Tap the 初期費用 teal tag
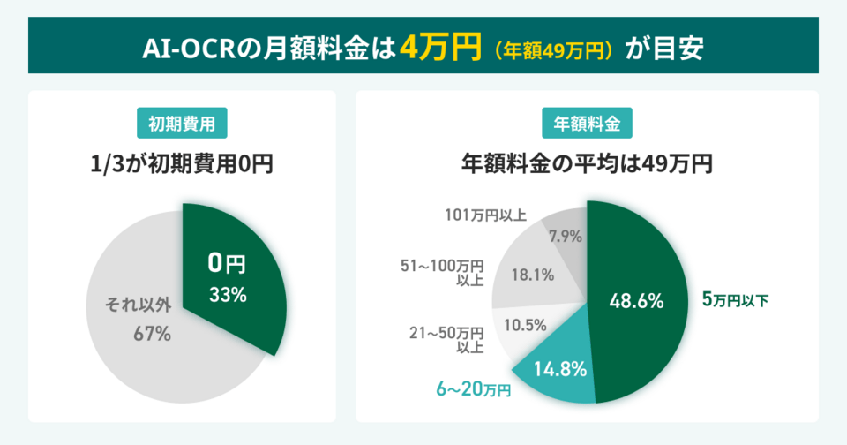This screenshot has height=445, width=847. coord(182,124)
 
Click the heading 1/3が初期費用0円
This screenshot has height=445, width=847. coord(182,163)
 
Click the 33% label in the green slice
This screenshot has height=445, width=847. coord(228,295)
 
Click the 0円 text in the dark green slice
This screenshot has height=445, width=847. coord(227,263)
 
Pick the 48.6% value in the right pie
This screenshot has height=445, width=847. coord(636,301)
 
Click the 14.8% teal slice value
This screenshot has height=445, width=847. coord(561,369)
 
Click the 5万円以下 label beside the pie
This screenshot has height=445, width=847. coord(735,300)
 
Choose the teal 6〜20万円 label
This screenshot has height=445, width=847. coord(474,388)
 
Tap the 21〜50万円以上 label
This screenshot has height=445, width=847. coord(447,339)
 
